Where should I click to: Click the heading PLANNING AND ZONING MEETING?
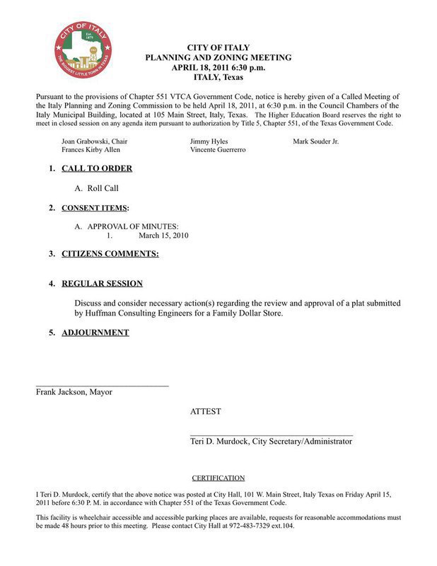[x=218, y=57]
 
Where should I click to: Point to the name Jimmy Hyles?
[x=209, y=141]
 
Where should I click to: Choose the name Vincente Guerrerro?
[x=218, y=151]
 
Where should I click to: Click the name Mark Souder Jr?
[x=315, y=141]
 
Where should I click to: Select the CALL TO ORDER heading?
[x=97, y=169]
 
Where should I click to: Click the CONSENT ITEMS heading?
[x=95, y=209]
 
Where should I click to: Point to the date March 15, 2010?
[x=163, y=236]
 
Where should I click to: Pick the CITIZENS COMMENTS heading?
[x=110, y=253]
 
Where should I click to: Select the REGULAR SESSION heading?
[x=102, y=284]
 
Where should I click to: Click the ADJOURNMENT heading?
[x=95, y=333]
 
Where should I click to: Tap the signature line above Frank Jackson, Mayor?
[x=103, y=386]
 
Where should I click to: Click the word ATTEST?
[x=205, y=411]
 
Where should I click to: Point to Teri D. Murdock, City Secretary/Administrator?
[x=271, y=441]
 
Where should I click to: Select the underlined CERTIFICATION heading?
[x=218, y=478]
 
